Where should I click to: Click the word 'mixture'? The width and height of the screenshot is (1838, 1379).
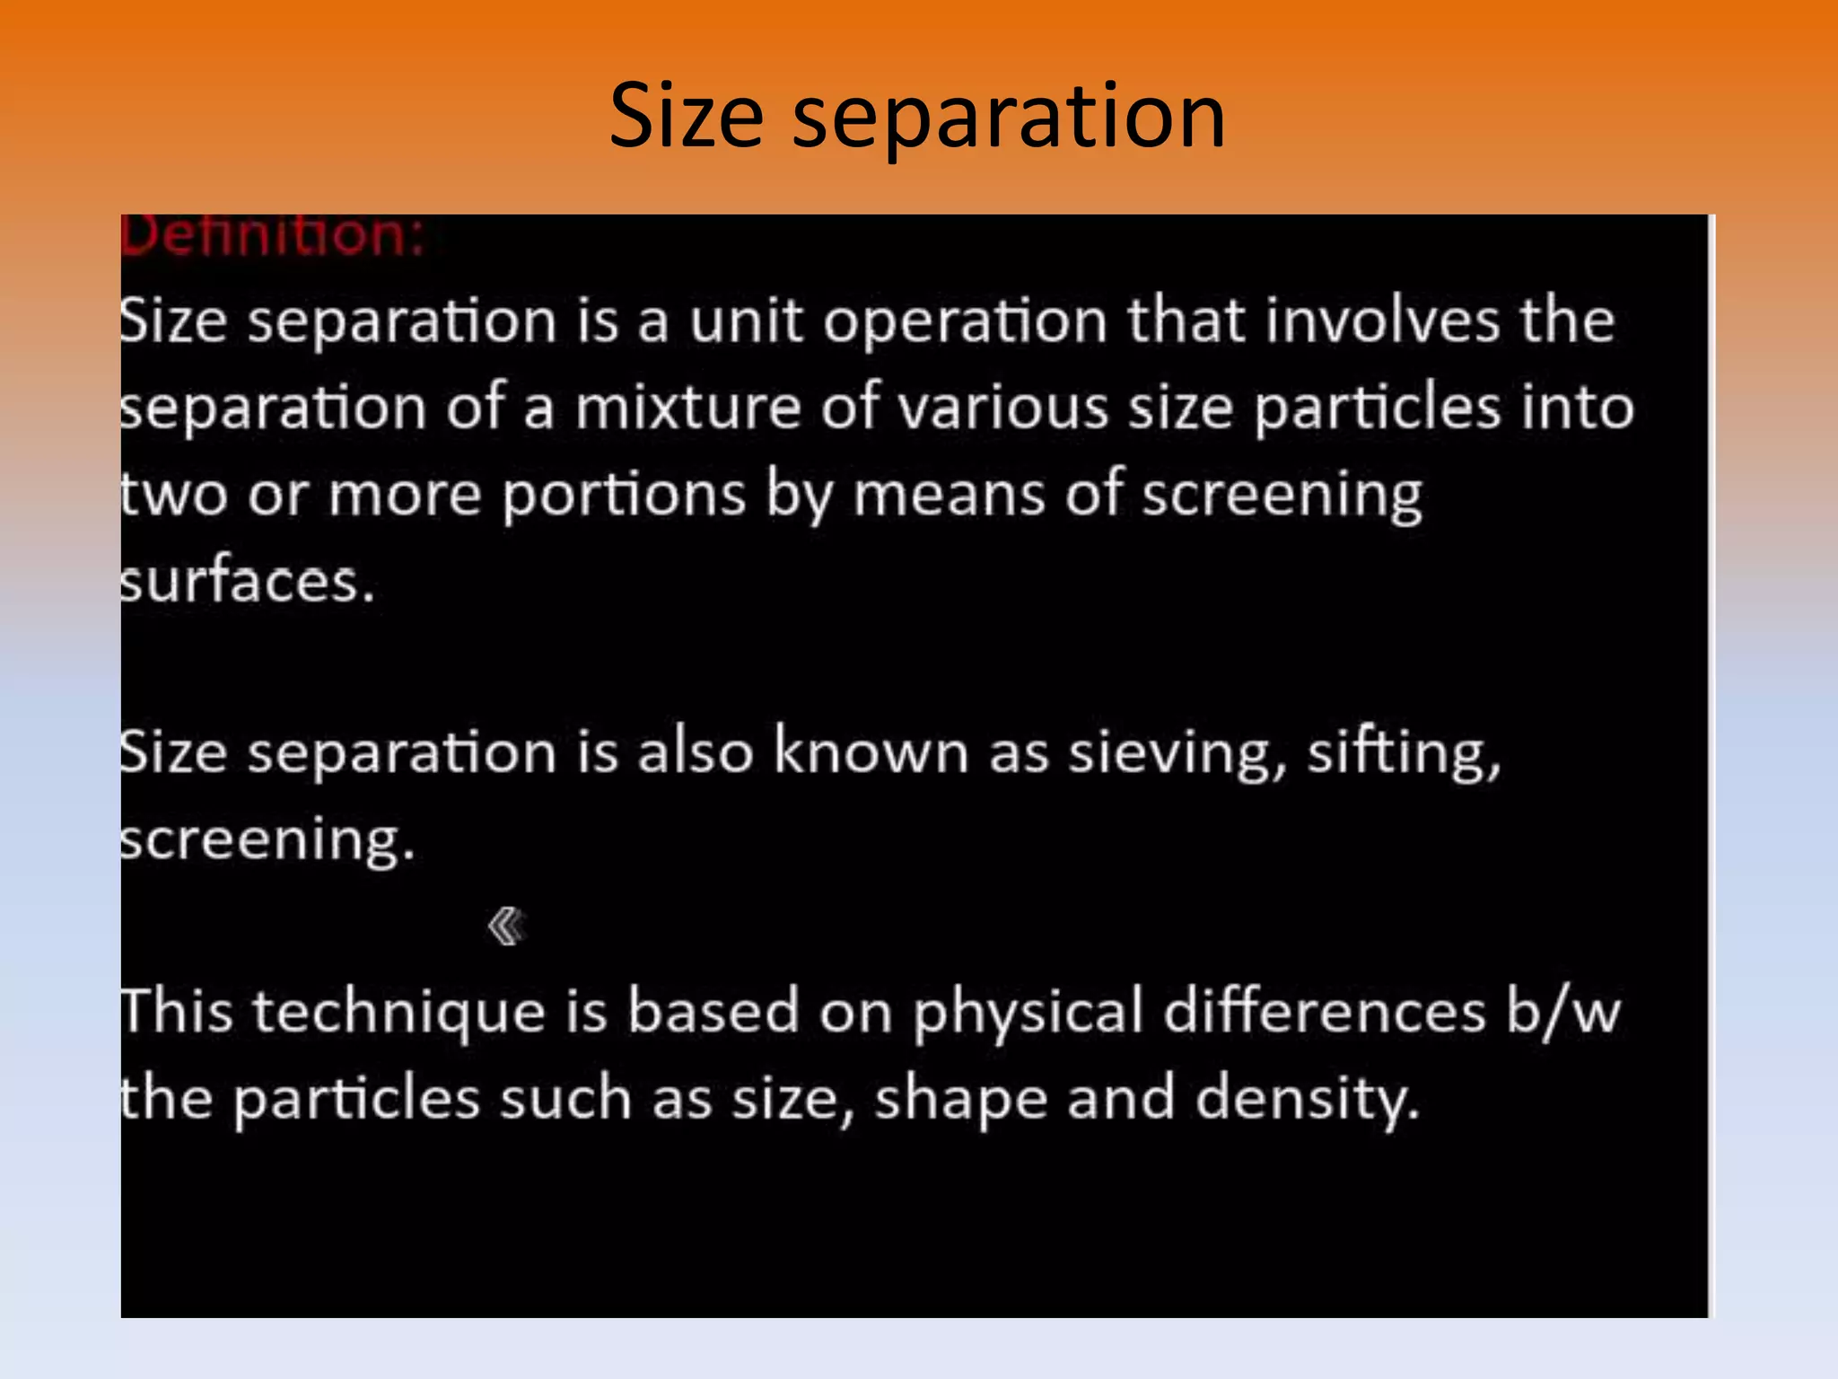[x=687, y=408]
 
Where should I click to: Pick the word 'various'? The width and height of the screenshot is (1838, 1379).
[x=1003, y=408]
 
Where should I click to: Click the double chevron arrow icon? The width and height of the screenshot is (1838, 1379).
[x=506, y=926]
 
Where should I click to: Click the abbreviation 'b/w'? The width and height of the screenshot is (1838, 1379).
[x=1563, y=1012]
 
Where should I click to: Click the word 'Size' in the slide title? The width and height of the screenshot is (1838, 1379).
[x=687, y=116]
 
